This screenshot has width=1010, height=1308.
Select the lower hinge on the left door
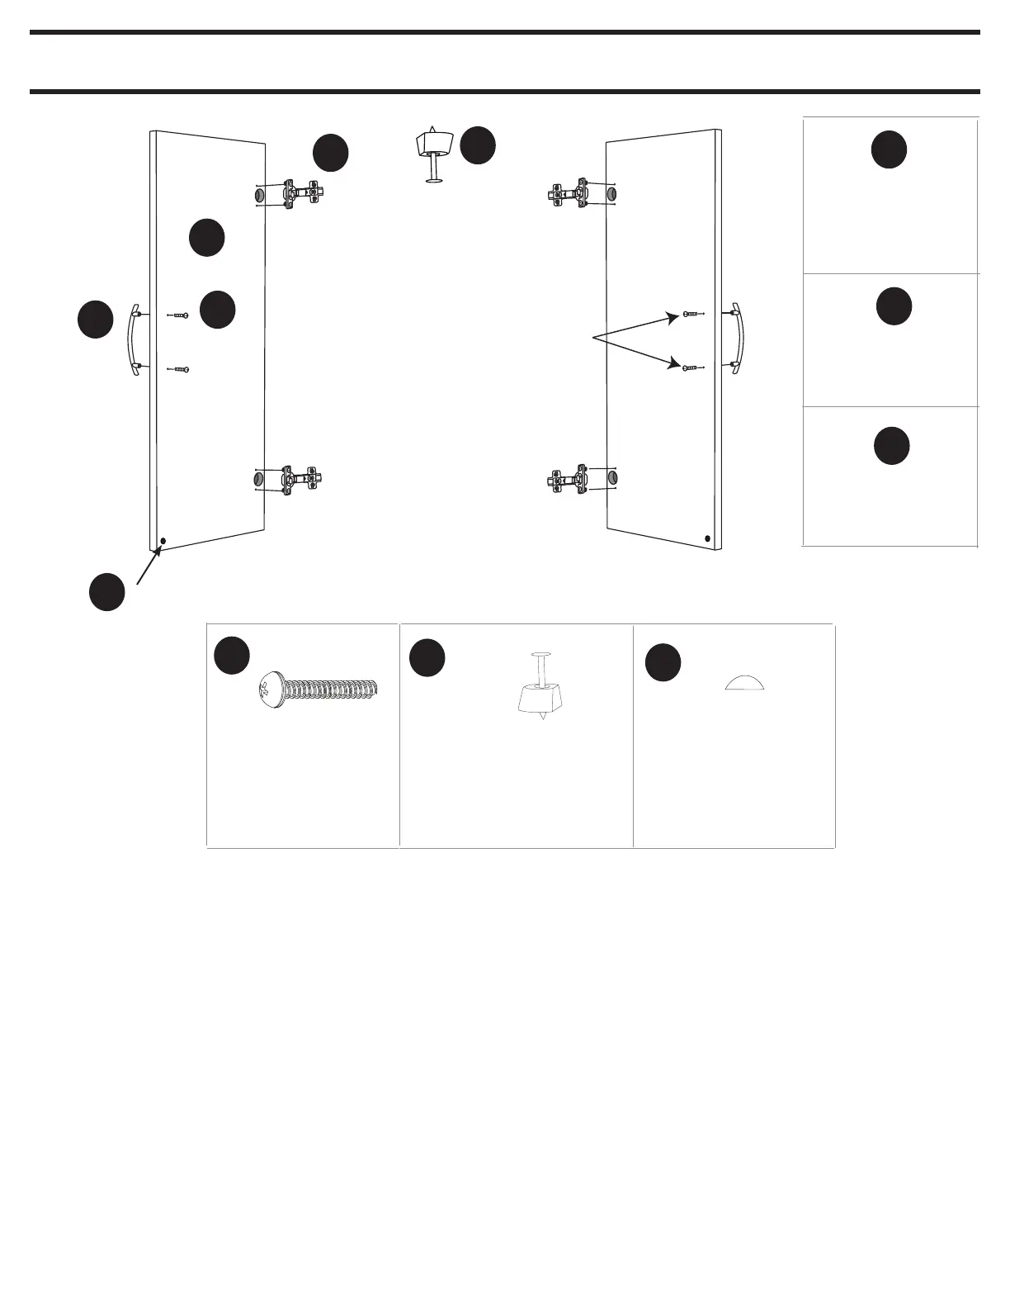tap(300, 479)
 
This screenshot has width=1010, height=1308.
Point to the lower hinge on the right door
tap(569, 479)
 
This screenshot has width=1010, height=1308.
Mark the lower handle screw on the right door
tap(691, 367)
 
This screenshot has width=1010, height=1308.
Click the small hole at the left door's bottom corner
tap(163, 542)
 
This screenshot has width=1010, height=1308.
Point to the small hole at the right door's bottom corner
tap(708, 538)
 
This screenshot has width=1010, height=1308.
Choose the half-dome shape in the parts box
tap(745, 682)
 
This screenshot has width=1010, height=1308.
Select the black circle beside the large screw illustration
tap(232, 655)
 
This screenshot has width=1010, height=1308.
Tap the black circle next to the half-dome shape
tap(663, 662)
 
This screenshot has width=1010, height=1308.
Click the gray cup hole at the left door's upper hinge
tap(258, 195)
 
